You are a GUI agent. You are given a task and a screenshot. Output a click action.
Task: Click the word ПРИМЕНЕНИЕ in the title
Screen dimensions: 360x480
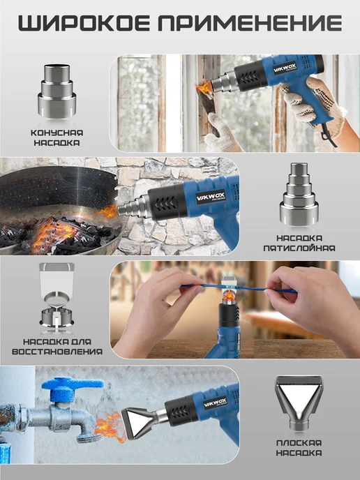(x=250, y=23)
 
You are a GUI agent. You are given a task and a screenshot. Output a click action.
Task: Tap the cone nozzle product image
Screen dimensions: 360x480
(x=57, y=91)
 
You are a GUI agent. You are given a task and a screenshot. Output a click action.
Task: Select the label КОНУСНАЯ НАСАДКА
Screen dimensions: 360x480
(x=57, y=137)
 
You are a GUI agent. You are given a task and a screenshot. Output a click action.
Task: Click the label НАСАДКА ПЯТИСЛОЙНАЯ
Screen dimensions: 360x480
(x=299, y=243)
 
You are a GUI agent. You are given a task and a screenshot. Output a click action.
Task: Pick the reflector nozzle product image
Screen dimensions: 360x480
(x=57, y=297)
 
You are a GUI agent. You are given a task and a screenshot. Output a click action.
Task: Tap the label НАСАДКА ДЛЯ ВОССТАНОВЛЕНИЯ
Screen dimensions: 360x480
(x=57, y=347)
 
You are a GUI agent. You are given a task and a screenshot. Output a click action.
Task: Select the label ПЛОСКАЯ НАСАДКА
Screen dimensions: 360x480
(x=299, y=448)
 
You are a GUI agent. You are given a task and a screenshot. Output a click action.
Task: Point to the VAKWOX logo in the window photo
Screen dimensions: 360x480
(x=285, y=68)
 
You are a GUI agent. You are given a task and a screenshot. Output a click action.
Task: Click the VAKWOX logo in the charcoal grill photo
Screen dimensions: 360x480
(x=211, y=197)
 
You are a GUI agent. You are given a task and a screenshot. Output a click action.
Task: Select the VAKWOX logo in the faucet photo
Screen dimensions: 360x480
(x=216, y=403)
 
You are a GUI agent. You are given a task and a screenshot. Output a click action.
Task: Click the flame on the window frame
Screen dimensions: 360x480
(x=204, y=88)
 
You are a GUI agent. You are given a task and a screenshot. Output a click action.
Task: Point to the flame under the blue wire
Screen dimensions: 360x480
(x=229, y=295)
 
